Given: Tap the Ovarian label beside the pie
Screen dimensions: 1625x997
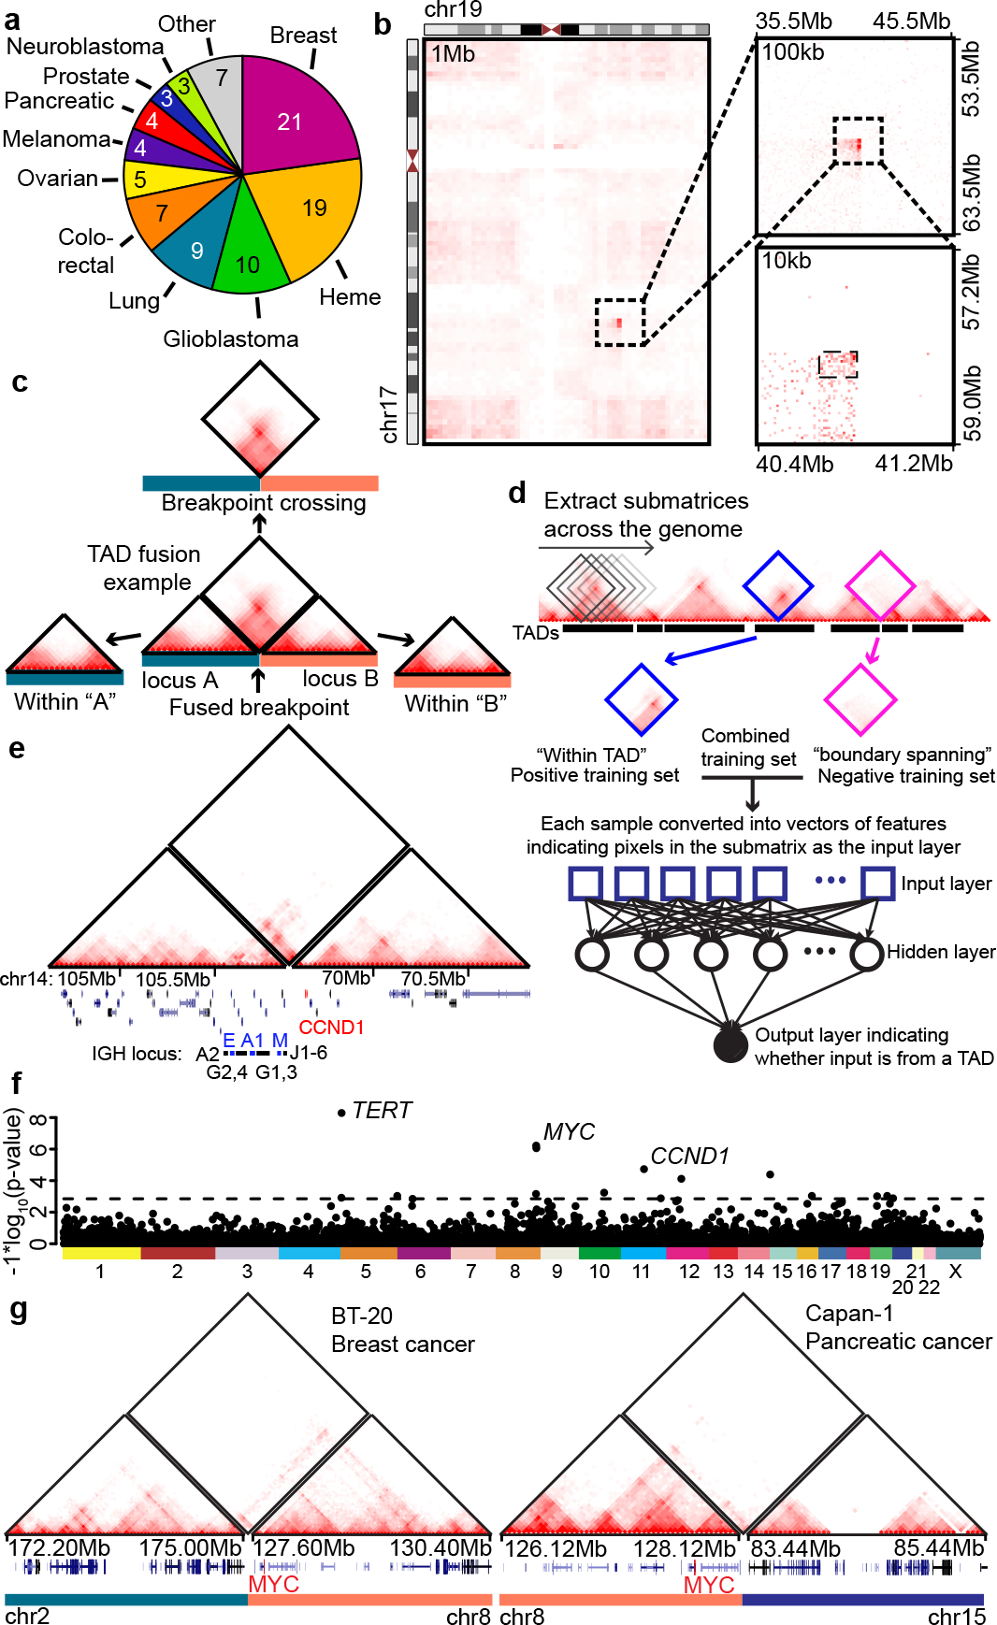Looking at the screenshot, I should tap(58, 179).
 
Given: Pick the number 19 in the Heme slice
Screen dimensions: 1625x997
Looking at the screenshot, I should tap(314, 208).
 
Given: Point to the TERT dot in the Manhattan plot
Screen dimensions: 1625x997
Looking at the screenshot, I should tap(341, 1113).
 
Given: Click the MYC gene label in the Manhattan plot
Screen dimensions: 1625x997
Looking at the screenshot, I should tap(569, 1132).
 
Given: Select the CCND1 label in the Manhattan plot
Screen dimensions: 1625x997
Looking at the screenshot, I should tap(689, 1157).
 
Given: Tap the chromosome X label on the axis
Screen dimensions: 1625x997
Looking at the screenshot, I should tap(955, 1272).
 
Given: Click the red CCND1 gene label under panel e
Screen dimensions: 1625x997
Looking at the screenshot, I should tap(331, 1028).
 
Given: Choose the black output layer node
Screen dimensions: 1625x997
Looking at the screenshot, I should tap(730, 1045).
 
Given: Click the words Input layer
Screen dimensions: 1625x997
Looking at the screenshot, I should tap(946, 884).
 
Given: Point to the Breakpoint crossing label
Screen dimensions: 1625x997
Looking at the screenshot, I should tap(264, 503).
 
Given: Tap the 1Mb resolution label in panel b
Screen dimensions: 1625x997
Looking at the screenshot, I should tap(453, 54).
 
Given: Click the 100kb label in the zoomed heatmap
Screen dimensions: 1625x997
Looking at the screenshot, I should tap(793, 52).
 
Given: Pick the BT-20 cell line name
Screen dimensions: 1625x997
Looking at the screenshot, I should tap(362, 1316).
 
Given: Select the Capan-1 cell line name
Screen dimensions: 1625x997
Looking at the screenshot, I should tap(849, 1314).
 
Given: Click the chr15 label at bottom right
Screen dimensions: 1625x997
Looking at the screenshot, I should tap(956, 1617).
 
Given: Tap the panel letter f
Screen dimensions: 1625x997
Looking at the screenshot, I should tap(16, 1084).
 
